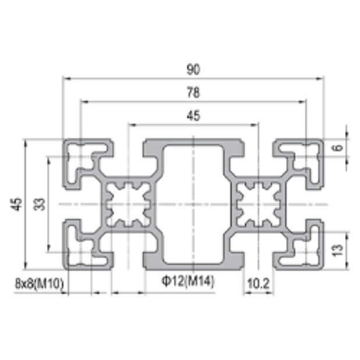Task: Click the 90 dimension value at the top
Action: coord(193,69)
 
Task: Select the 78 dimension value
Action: coord(193,92)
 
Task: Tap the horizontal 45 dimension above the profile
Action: coord(193,115)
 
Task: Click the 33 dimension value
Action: coord(40,204)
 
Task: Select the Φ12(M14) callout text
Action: coord(188,282)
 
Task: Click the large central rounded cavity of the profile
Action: coord(193,204)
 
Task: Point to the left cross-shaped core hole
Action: coord(128,204)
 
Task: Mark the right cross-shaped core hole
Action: coord(259,204)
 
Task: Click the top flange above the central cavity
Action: coord(193,143)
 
